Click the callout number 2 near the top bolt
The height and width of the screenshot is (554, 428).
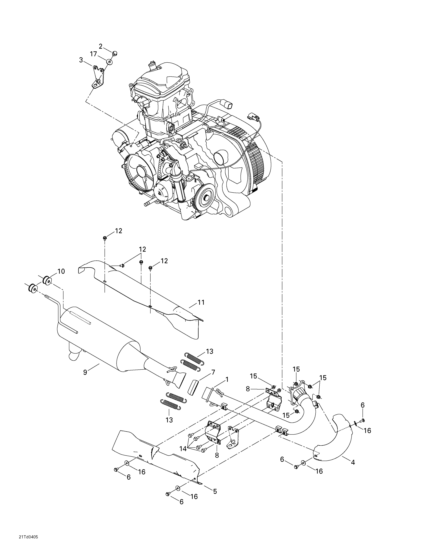click(x=100, y=46)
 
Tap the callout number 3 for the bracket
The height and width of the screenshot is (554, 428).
click(x=81, y=60)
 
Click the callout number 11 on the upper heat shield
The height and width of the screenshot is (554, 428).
click(x=201, y=302)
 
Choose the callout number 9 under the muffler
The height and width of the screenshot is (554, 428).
click(x=85, y=372)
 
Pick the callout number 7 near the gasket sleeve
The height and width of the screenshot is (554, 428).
click(x=213, y=372)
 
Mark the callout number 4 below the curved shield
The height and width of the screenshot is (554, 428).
click(x=353, y=462)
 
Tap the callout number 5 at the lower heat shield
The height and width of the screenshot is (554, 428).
click(x=215, y=491)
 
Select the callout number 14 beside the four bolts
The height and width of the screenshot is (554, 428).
click(x=183, y=449)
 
